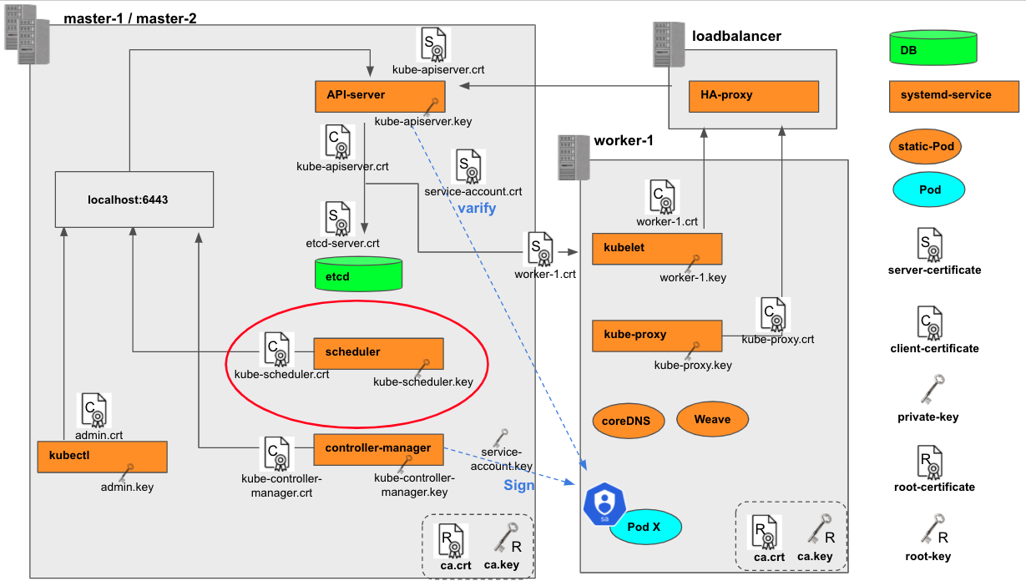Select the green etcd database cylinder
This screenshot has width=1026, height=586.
pos(358,275)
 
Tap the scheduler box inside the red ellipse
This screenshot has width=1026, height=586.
pos(378,352)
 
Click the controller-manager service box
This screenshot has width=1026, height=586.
pos(378,448)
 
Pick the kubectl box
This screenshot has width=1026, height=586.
pos(103,457)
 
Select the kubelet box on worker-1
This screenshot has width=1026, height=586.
pos(656,249)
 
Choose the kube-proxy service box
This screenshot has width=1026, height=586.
pos(656,335)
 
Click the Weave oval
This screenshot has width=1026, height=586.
pos(712,419)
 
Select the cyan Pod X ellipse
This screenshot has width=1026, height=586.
pos(645,527)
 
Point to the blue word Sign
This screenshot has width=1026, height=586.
pos(518,485)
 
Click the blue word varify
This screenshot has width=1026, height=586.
pos(477,208)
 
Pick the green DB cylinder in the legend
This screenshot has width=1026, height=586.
pos(933,48)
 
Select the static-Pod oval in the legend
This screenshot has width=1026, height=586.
pos(926,147)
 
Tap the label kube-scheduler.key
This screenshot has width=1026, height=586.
pos(423,382)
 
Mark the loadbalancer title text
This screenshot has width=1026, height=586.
pos(736,36)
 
